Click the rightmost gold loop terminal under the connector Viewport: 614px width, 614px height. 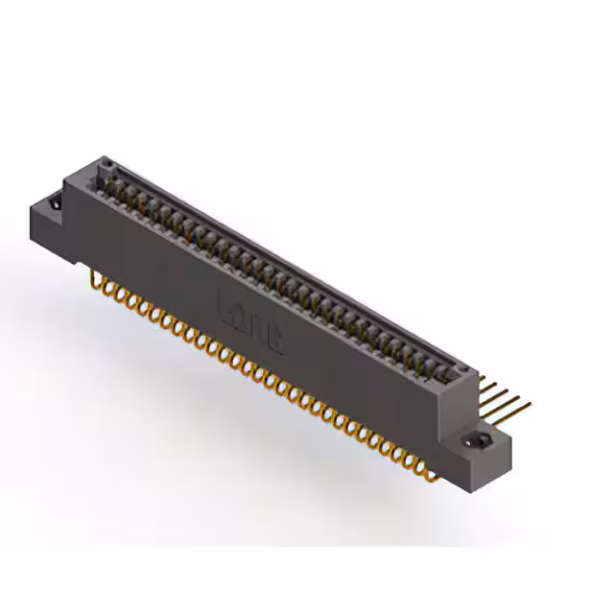click(x=419, y=468)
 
